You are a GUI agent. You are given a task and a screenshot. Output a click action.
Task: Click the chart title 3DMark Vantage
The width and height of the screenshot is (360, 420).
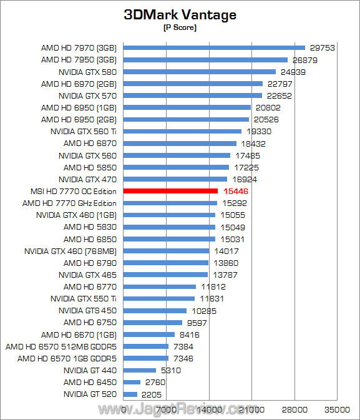tap(180, 14)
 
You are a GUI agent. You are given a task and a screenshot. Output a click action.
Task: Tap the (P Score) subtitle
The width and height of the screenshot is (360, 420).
tap(180, 27)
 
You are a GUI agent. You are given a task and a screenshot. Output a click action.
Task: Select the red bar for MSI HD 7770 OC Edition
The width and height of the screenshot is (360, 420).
tap(170, 191)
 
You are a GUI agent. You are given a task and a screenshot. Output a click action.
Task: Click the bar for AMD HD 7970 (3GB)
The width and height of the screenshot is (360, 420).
tap(214, 47)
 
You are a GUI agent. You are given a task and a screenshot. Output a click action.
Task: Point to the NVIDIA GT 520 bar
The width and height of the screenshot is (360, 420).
tap(130, 394)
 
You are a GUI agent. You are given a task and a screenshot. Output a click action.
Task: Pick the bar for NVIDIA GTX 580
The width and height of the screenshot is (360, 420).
tap(200, 72)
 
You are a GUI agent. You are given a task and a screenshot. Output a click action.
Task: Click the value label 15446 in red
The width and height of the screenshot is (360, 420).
tap(236, 191)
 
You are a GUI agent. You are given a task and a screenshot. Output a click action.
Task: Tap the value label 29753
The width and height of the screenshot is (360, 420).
tap(322, 47)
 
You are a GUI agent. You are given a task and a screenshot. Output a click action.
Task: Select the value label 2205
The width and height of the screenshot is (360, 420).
tap(152, 394)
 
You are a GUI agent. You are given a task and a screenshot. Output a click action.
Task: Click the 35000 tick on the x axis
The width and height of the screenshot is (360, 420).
tap(338, 409)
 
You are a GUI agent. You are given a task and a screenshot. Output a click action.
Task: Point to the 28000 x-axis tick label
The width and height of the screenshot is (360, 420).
tap(294, 409)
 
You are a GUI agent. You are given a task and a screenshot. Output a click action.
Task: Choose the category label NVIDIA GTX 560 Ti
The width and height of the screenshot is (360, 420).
tap(84, 132)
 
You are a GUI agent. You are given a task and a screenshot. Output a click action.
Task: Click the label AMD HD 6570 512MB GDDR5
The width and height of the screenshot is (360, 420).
tap(61, 346)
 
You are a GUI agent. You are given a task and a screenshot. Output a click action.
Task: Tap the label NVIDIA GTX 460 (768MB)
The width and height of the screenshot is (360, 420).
tap(71, 252)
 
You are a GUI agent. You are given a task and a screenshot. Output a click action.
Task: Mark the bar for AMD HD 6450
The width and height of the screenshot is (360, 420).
tap(132, 382)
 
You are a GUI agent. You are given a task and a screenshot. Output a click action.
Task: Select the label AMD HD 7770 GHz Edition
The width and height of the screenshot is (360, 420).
tap(69, 203)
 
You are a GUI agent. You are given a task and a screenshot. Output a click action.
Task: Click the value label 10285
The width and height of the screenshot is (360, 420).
tap(204, 311)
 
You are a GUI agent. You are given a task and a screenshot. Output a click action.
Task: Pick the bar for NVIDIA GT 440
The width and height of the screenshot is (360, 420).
tap(140, 370)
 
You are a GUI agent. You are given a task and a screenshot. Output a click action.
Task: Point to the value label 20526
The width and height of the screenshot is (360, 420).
tap(266, 119)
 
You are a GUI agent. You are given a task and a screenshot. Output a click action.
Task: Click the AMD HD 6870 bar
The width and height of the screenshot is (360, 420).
tap(180, 144)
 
